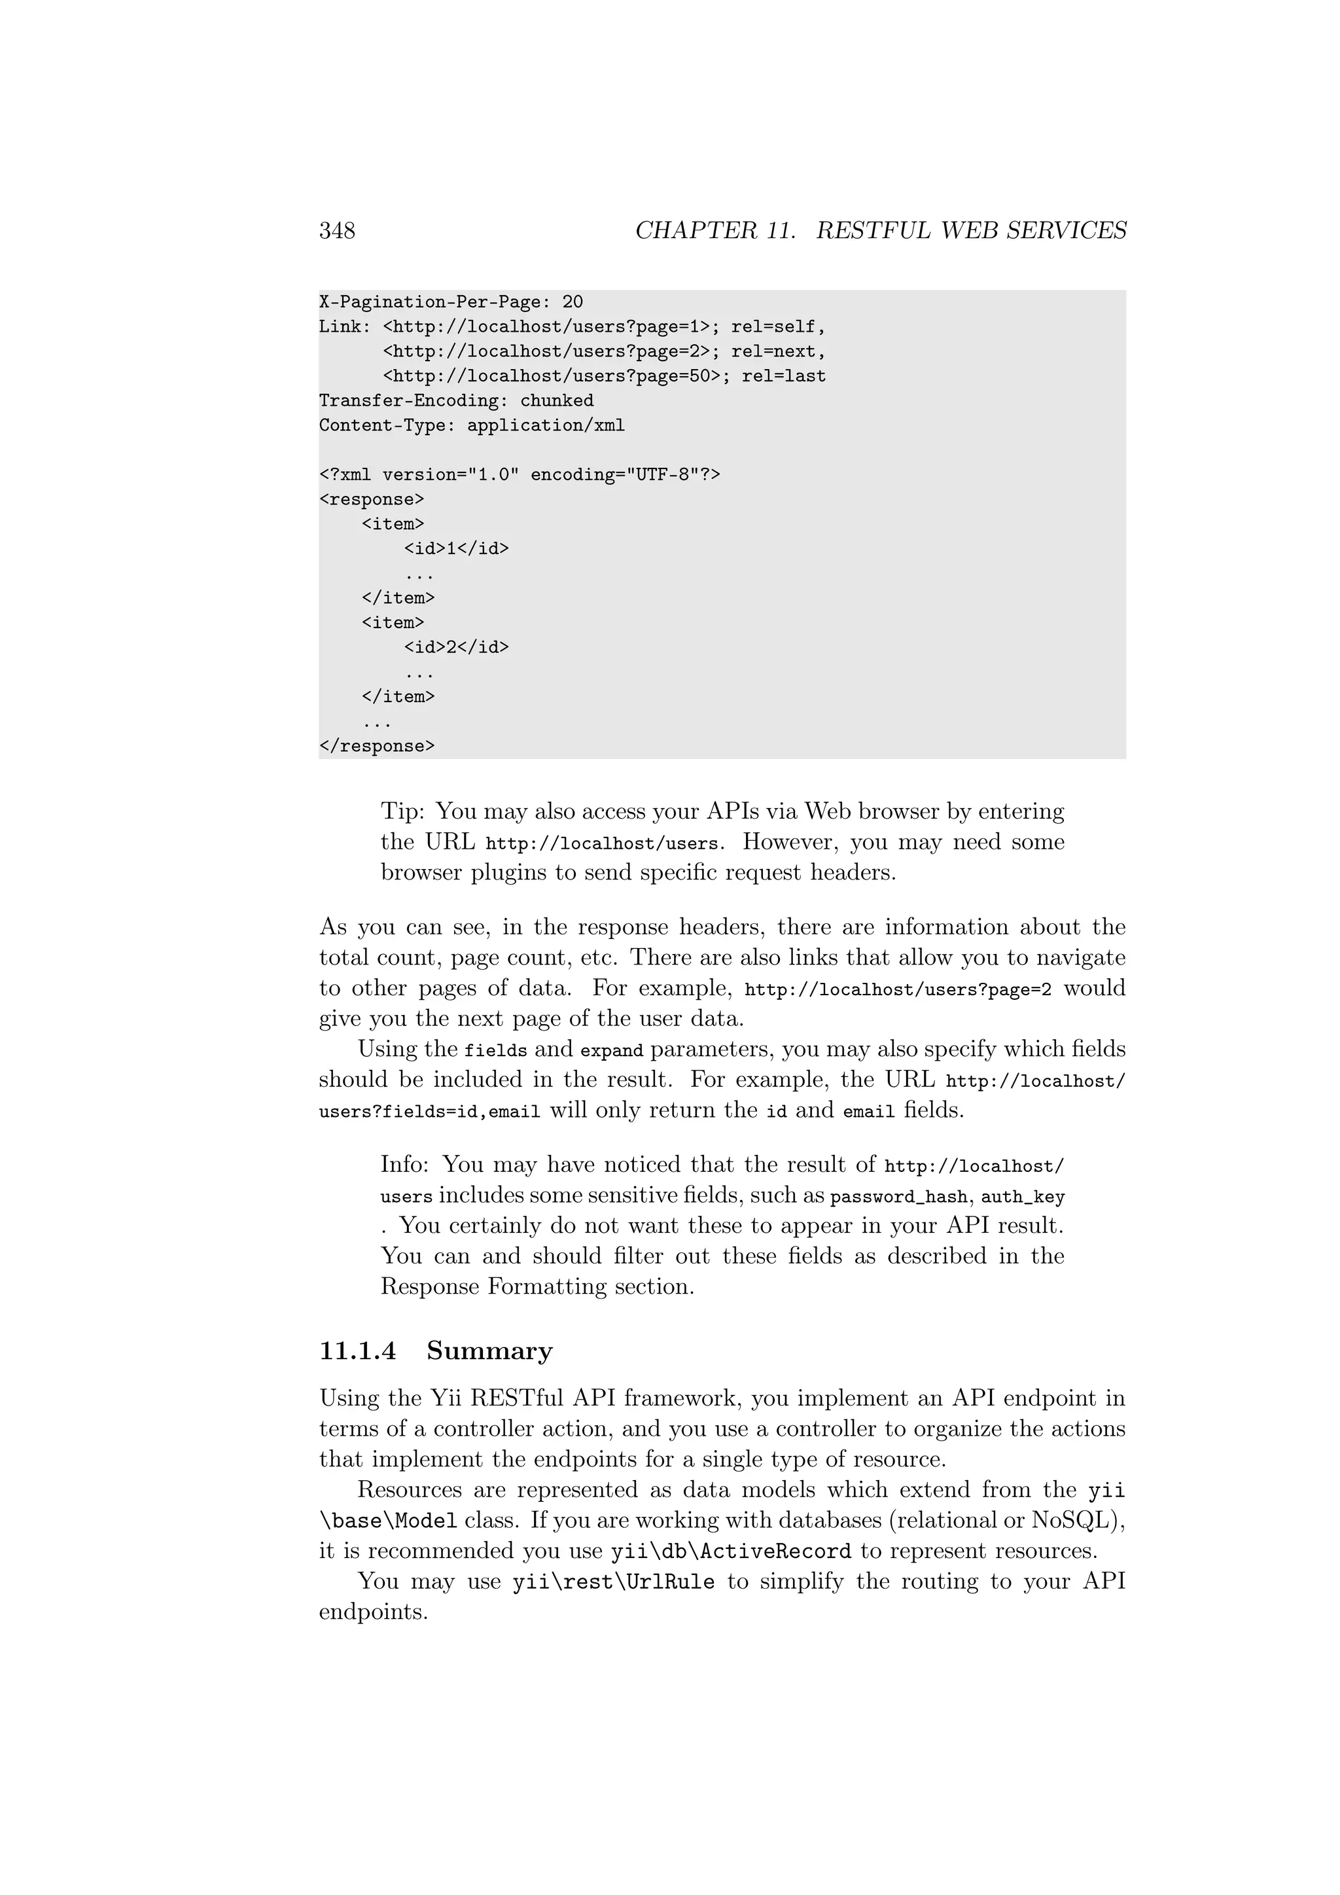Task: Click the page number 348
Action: tap(337, 230)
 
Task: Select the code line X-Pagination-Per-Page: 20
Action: tap(451, 302)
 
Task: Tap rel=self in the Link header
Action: tap(777, 327)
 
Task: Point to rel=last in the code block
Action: tap(783, 376)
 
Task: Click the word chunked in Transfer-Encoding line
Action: tap(556, 401)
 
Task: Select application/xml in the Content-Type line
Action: tap(546, 426)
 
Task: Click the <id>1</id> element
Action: tap(456, 549)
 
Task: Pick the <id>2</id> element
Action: tap(456, 648)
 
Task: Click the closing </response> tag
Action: tap(376, 747)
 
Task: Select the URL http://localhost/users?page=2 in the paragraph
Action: tap(898, 989)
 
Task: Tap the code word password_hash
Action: tap(898, 1197)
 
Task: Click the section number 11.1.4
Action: tap(357, 1351)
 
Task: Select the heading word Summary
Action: tap(489, 1351)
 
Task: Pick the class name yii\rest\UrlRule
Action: tap(613, 1582)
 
